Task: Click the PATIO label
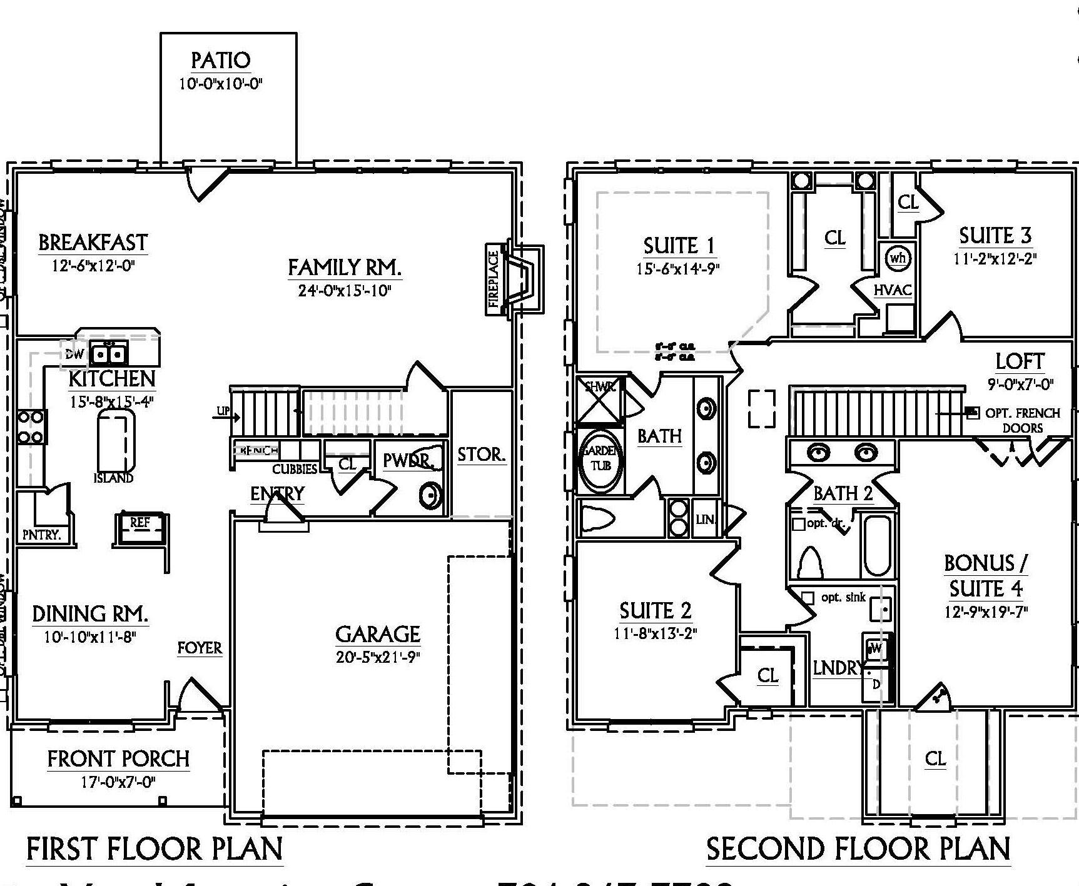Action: (x=220, y=60)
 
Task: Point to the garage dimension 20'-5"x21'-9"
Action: (x=377, y=657)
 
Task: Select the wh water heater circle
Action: (x=898, y=258)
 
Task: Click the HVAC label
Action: (x=893, y=290)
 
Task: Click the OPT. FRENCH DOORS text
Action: (x=1022, y=420)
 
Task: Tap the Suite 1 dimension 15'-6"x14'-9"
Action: (x=678, y=269)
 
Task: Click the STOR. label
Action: (x=481, y=455)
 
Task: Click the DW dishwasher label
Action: (x=74, y=354)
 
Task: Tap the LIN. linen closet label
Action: (x=706, y=518)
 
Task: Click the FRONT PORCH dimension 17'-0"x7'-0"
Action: (x=118, y=781)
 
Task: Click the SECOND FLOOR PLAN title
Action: (x=858, y=849)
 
